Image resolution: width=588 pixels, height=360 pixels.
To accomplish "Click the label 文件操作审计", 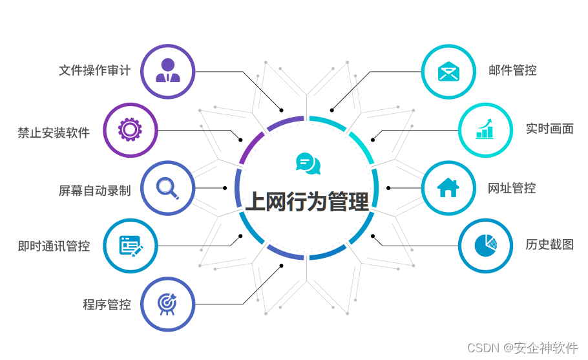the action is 94,70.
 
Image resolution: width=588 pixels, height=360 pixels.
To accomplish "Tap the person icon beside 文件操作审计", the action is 168,70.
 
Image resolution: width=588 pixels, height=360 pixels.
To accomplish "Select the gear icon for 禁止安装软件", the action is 130,130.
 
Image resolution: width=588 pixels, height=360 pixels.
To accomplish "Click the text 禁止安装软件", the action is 54,133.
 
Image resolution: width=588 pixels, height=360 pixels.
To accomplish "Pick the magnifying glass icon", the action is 167,187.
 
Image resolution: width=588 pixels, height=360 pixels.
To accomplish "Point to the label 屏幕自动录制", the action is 94,191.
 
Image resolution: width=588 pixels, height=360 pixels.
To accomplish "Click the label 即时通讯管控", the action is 54,246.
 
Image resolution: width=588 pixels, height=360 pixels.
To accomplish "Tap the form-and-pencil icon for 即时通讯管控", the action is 131,246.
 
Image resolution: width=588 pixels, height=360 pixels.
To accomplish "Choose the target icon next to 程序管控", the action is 167,303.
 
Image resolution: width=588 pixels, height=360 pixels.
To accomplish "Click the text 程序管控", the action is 107,304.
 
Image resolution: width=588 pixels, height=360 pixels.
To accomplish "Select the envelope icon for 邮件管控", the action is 448,71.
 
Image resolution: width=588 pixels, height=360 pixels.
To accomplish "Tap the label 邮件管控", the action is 512,70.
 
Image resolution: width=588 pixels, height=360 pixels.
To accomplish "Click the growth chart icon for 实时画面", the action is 485,129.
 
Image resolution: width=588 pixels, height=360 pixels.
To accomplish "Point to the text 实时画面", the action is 549,129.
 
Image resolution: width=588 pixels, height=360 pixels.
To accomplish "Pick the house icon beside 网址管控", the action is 448,187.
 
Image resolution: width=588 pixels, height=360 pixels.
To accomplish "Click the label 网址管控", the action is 512,188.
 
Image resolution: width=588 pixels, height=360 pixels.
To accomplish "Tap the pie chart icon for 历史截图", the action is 485,246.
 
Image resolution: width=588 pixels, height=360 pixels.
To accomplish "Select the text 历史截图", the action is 549,244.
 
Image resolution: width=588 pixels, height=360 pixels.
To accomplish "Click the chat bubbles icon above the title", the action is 308,164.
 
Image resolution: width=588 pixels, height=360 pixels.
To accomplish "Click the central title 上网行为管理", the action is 307,202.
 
